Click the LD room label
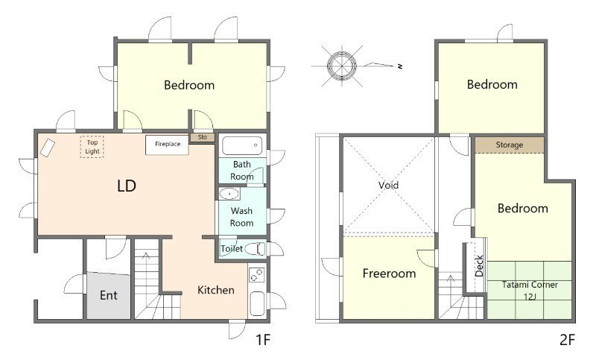(127, 186)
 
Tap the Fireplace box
(167, 145)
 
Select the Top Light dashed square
(92, 147)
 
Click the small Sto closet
(203, 137)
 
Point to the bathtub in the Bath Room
(242, 145)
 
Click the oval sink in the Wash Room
(229, 195)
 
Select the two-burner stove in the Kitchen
(256, 274)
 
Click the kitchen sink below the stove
(257, 304)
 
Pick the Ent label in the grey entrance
(109, 295)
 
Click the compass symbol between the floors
(342, 66)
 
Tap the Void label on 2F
(388, 185)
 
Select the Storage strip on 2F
(510, 145)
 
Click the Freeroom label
(389, 274)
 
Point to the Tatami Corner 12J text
(530, 291)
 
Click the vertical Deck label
(479, 266)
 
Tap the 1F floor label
(263, 339)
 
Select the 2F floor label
(567, 339)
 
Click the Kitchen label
(216, 290)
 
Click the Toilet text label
(232, 249)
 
